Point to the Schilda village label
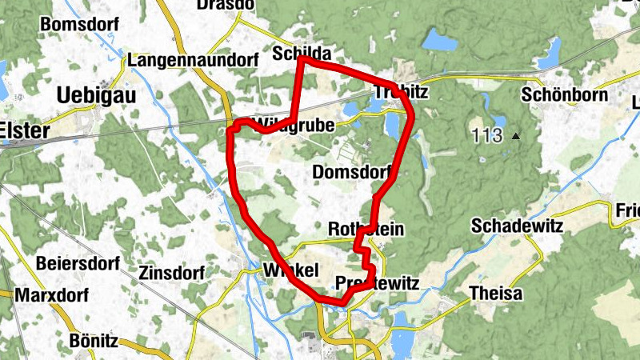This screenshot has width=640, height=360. pos(302,53)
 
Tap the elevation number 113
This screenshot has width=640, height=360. pos(487,135)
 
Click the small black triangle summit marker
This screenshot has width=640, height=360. pos(516,136)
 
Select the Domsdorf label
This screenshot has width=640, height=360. pos(352,172)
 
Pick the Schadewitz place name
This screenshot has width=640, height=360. pos(517,226)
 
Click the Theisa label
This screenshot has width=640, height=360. pos(495,293)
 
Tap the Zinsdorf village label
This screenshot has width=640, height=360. pos(173,270)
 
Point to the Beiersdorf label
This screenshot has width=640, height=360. pos(78,263)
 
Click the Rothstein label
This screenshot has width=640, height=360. pos(366,230)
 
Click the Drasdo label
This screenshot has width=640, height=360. pos(226,5)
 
